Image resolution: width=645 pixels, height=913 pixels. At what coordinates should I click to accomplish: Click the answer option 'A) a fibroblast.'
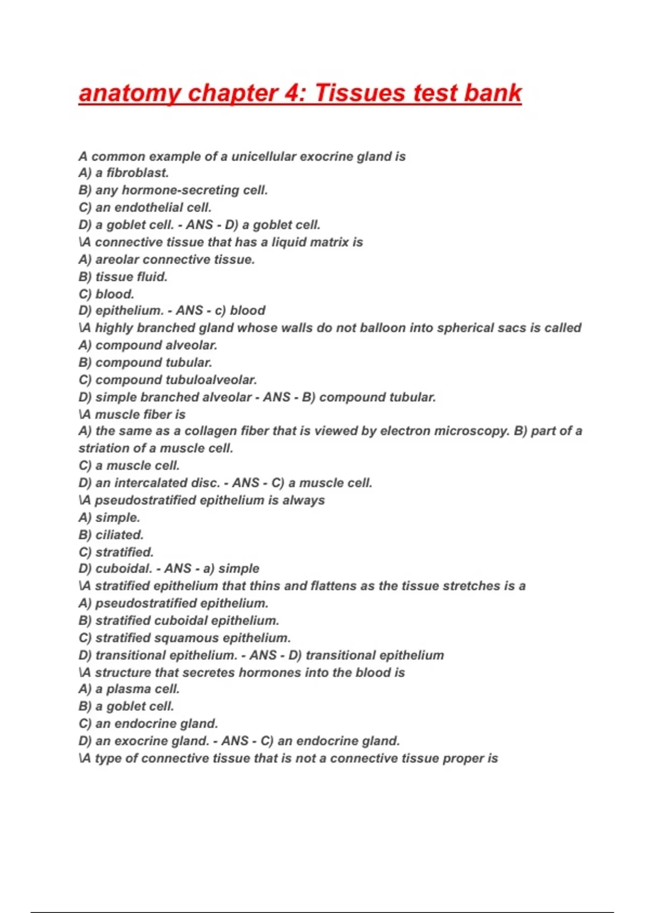124,173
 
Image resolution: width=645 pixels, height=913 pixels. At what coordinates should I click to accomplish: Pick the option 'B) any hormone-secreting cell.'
173,190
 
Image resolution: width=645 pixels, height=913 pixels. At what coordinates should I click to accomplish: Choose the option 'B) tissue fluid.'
123,277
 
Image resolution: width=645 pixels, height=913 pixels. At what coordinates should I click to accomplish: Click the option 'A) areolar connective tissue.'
167,259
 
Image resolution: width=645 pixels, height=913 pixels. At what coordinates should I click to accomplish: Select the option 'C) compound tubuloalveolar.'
168,380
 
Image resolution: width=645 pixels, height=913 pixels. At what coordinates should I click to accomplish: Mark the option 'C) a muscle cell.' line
129,466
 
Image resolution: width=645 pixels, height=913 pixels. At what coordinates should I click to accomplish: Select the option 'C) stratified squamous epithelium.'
184,637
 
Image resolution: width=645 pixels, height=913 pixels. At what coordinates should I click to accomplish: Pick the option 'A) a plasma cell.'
129,689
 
